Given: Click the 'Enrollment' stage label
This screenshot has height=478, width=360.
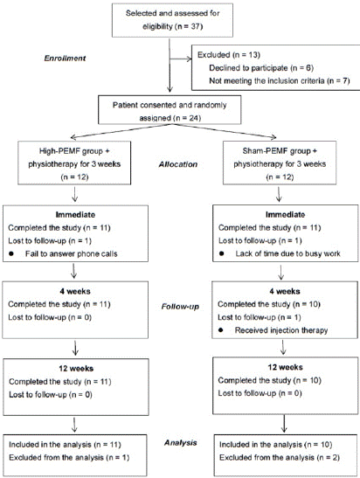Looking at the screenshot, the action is point(65,59).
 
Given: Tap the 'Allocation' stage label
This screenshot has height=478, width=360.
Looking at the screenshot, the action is point(178,164).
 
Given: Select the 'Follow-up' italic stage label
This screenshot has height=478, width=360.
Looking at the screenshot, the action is point(180,307).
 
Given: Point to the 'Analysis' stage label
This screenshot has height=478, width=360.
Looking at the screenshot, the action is point(181,443).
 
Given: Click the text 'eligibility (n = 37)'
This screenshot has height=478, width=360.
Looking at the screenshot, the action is point(173,26).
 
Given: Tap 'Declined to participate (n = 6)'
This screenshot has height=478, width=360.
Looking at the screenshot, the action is point(261,67).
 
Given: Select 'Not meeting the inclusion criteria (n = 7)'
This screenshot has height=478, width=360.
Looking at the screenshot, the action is point(280,80).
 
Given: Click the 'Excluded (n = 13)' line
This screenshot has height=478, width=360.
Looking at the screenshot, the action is point(229,54).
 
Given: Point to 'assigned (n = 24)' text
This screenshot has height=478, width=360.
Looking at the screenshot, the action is point(170,118).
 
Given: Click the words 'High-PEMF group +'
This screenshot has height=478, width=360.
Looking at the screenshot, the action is point(74,151).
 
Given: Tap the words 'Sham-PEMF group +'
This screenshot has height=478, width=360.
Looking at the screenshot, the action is point(280,151).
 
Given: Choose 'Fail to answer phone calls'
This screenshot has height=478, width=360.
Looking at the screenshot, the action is point(72,254).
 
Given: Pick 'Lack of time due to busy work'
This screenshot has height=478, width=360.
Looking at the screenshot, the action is point(287,253).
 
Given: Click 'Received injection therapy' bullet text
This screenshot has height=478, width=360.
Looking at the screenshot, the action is point(281,330).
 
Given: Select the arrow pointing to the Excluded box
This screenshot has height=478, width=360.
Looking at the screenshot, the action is point(181,59).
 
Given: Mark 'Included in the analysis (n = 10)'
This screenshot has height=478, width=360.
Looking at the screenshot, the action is point(275,445).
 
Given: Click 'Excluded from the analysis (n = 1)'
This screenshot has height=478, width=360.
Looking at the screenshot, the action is point(69,458).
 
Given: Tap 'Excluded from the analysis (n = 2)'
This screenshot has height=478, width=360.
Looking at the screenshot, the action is point(280,458).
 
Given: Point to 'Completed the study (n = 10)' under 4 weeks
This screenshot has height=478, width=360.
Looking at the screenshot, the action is point(269,304).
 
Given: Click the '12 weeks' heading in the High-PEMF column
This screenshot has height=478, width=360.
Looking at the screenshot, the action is point(76,369).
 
